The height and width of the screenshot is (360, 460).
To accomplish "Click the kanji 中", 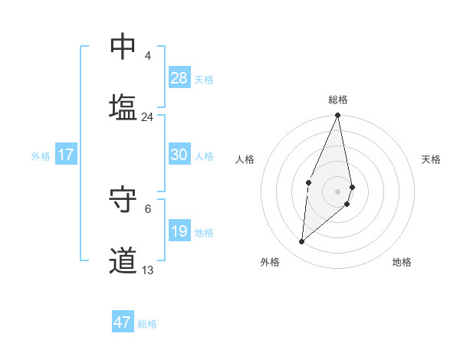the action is pos(123,47).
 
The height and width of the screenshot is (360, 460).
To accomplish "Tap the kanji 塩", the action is pos(123,106).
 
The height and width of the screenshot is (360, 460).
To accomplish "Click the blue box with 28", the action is pos(179,78).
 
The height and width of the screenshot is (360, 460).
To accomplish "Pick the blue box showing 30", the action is pos(179,155).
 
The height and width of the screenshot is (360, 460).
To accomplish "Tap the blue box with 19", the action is pos(179,231).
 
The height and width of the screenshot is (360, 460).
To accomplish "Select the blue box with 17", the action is pos(65,155).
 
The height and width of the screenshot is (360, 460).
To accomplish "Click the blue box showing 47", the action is pos(123,322).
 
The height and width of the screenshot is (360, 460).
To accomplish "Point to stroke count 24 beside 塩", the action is pos(147,117).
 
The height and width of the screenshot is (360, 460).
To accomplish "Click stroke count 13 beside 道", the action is pos(147,270).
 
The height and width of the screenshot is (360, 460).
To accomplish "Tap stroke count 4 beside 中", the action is pos(147,56).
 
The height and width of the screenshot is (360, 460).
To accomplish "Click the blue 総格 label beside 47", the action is pos(147,324).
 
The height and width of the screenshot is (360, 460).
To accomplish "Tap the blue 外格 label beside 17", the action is pos(41,156).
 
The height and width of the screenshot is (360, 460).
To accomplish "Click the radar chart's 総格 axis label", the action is pos(337,100).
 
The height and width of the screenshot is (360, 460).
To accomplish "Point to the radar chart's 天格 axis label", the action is pos(431,159).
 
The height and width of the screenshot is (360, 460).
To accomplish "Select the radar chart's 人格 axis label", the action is pos(245,159).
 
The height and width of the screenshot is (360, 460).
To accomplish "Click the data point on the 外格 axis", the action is pos(302,242).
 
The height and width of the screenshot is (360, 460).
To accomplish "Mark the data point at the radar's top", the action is pos(337,116).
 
